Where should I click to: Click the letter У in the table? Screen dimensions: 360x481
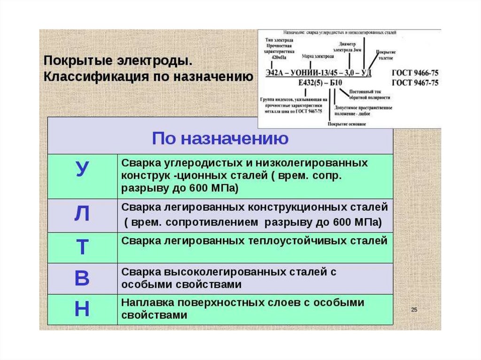pos(82,169)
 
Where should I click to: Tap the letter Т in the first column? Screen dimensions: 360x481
pos(82,247)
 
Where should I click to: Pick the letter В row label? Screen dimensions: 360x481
pos(82,278)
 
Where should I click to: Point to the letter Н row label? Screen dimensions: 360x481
pos(82,309)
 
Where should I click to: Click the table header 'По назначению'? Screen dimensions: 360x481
pos(220,139)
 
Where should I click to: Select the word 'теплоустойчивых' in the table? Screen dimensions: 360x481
pos(292,241)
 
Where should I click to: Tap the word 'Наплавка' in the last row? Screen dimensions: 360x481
pos(144,303)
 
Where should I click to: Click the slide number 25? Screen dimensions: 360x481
pos(414,310)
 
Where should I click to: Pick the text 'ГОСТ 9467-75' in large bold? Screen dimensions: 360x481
pos(414,83)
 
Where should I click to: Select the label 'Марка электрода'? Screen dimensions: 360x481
pos(318,56)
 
